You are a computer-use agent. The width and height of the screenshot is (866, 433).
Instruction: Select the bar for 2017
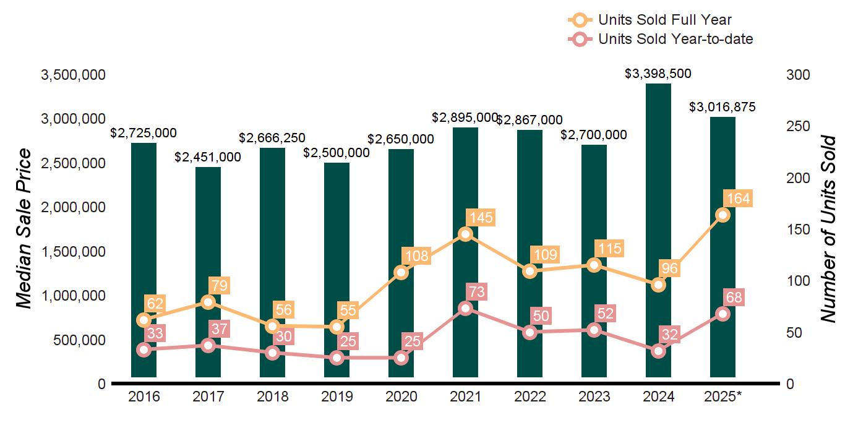pos(208,272)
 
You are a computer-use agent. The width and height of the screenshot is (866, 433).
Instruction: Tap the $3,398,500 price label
pos(658,74)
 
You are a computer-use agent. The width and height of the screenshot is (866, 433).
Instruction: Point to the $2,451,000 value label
pos(208,157)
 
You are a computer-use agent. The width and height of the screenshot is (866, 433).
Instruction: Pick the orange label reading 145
pos(480,218)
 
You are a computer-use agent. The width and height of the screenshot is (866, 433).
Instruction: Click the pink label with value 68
pos(735,298)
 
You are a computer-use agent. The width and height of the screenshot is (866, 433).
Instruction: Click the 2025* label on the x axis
pos(722,397)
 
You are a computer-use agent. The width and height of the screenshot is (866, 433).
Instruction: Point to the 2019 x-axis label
pos(337,397)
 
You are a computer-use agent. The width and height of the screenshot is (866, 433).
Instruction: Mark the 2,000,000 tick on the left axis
pos(73,207)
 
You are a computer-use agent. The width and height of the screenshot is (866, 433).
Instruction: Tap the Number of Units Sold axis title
pos(828,229)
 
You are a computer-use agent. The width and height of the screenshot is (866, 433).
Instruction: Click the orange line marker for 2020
pos(401,272)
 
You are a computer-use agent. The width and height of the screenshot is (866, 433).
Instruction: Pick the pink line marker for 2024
pos(659,351)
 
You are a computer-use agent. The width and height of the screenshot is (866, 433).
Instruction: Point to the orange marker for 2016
pos(144,320)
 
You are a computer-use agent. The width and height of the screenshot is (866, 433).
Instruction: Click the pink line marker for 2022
pos(529,332)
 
